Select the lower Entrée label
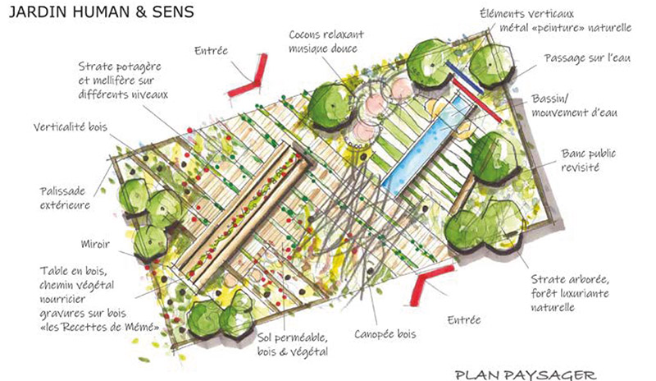pyautogui.click(x=463, y=318)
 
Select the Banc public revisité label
pyautogui.click(x=588, y=159)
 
